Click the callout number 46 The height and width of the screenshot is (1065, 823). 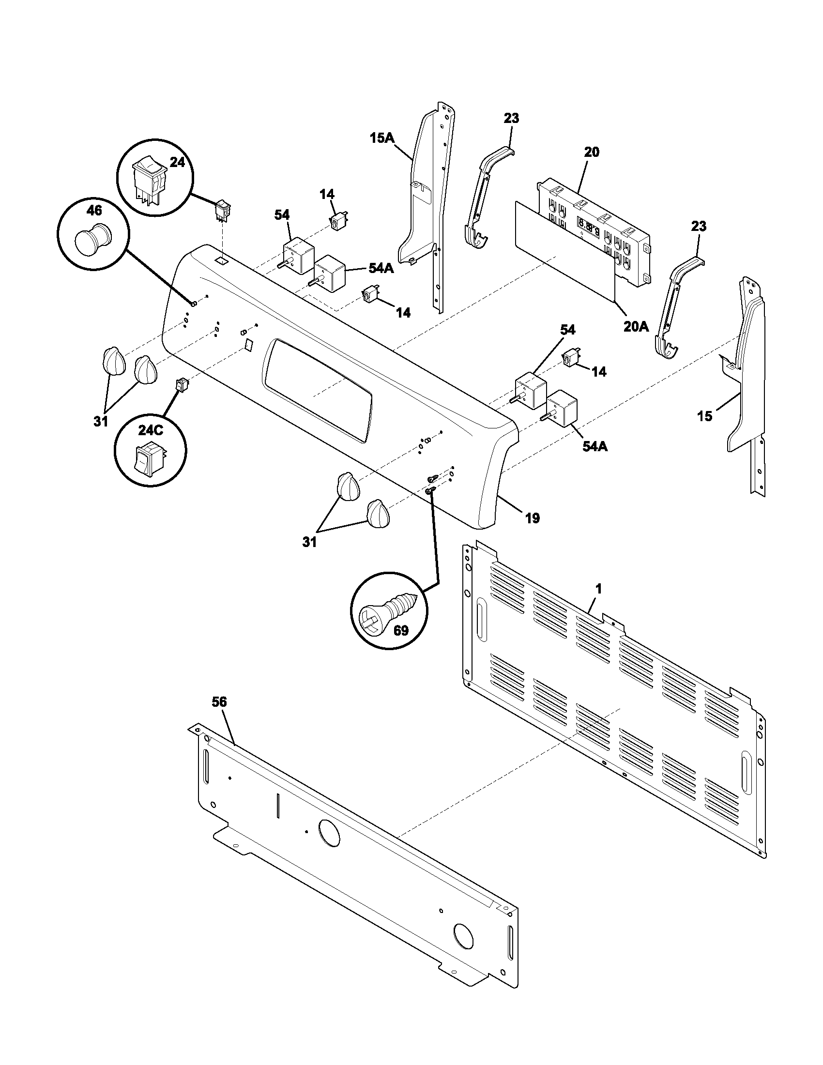(94, 211)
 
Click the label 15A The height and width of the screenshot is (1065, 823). (381, 138)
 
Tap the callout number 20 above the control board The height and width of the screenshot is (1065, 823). (592, 152)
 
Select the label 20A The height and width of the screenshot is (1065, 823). (636, 327)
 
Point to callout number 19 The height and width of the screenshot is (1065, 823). (533, 518)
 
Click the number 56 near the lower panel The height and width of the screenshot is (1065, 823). (219, 702)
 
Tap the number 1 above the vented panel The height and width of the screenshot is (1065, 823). (599, 589)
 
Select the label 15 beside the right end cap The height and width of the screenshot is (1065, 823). (704, 416)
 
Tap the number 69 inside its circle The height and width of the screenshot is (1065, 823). (401, 630)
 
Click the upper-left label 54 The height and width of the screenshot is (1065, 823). (282, 214)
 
